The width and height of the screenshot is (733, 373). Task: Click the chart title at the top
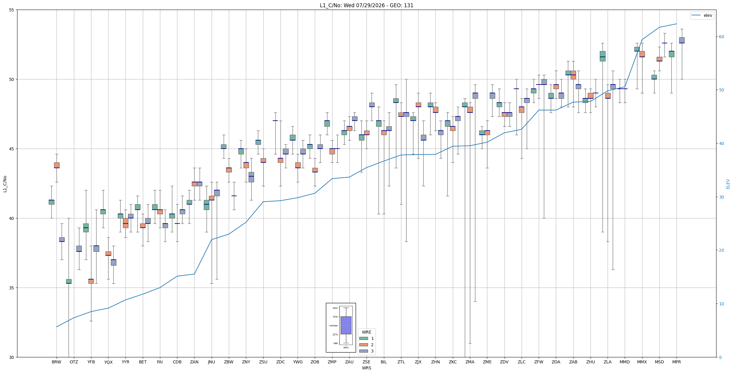pos(366,5)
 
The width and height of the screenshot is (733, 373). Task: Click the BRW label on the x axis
pos(57,362)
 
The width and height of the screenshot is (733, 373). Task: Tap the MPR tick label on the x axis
pos(676,362)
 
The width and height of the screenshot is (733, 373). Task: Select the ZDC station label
pos(281,362)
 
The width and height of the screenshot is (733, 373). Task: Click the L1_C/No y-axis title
pos(5,184)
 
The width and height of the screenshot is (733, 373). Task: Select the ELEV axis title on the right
pos(728,184)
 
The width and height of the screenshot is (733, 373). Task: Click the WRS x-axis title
pos(366,368)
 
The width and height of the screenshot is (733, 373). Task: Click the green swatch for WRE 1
pos(363,338)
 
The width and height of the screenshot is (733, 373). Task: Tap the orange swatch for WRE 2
pos(363,345)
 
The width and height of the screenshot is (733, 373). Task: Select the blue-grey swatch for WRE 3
pos(363,351)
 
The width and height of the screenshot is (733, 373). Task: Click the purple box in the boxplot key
pos(346,325)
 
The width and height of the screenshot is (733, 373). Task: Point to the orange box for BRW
pos(57,165)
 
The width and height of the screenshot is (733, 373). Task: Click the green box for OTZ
pos(69,281)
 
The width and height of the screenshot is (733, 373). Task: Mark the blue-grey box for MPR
pos(682,40)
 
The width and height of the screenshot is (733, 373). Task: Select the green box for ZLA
pos(603,56)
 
